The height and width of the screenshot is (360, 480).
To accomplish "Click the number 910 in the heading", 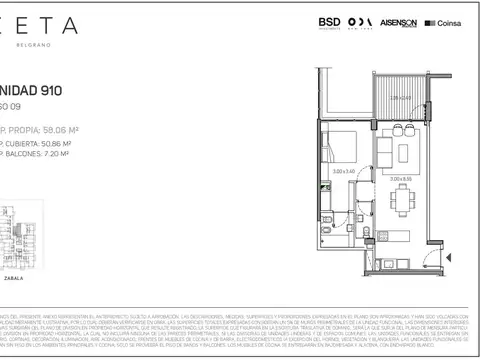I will (47, 89).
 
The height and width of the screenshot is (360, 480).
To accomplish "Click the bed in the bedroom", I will (341, 149).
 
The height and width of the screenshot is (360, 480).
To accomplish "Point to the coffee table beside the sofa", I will (403, 152).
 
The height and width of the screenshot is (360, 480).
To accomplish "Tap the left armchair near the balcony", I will (397, 128).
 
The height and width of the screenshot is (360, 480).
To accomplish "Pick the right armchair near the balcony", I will (410, 128).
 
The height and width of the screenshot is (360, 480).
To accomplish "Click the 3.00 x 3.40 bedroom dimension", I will (343, 171).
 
